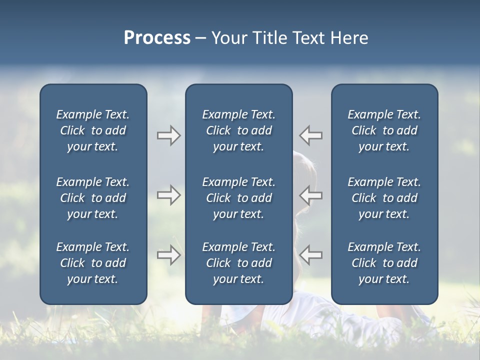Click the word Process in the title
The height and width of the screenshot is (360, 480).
click(157, 38)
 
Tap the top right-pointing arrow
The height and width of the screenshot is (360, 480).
click(168, 135)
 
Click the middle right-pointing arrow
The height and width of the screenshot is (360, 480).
click(168, 195)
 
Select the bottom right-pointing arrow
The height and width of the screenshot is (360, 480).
click(168, 255)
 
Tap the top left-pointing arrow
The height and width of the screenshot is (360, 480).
click(311, 135)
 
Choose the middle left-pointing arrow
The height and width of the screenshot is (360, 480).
click(311, 195)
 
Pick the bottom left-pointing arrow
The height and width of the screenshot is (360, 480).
click(311, 255)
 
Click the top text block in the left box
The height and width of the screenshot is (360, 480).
click(93, 130)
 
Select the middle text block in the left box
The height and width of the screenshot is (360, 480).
click(93, 198)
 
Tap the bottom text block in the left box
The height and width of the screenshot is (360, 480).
click(93, 263)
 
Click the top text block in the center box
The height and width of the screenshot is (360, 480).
click(238, 130)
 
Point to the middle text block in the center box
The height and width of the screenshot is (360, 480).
click(238, 198)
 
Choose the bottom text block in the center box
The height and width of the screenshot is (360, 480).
click(238, 263)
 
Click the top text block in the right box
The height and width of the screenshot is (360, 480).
click(384, 130)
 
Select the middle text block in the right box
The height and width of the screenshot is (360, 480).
click(384, 198)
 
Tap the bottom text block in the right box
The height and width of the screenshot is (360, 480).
click(384, 263)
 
